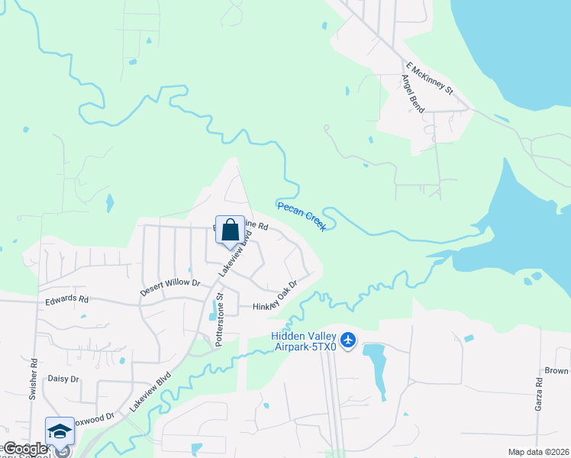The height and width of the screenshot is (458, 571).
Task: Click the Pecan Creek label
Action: point(302,216)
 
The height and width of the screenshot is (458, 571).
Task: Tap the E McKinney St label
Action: point(430,79)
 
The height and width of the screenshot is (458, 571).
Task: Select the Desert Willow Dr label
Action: point(169,288)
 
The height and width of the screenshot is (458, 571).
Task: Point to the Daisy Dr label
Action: point(63,379)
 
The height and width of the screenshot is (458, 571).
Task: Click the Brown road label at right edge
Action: point(557,371)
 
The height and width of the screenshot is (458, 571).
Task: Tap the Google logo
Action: point(24,449)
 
